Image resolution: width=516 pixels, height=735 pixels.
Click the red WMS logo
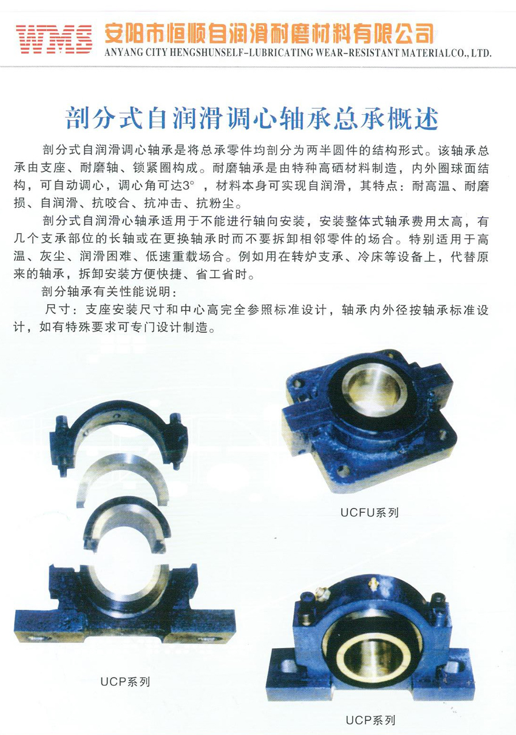[x=54, y=38]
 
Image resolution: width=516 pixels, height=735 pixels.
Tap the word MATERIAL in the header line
[x=426, y=53]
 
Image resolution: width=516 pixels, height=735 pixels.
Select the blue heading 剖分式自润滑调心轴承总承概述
[x=252, y=118]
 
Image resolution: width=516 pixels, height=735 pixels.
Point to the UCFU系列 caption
[x=370, y=512]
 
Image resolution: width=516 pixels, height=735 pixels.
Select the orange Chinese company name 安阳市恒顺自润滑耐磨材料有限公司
[x=269, y=35]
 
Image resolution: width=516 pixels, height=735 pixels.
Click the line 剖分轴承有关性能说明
[x=110, y=292]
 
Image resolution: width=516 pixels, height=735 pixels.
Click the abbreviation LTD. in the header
[x=481, y=53]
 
